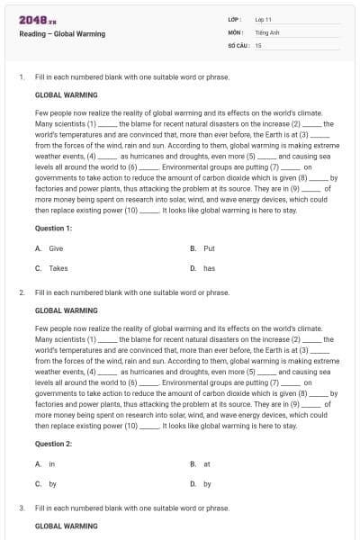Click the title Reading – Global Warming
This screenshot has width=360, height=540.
pyautogui.click(x=62, y=34)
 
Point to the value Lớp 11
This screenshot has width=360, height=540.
pyautogui.click(x=263, y=19)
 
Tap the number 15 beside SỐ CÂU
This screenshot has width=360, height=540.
pyautogui.click(x=258, y=44)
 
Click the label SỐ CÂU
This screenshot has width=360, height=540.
pyautogui.click(x=238, y=44)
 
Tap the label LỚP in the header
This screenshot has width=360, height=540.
pyautogui.click(x=235, y=19)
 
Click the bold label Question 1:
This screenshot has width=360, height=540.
pyautogui.click(x=54, y=229)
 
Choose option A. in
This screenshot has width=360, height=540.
pyautogui.click(x=46, y=463)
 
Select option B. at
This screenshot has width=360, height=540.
pyautogui.click(x=201, y=463)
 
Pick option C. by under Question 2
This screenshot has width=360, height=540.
pyautogui.click(x=47, y=484)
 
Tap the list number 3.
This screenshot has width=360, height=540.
pyautogui.click(x=21, y=508)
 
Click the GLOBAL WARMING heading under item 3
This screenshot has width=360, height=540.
pyautogui.click(x=66, y=526)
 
